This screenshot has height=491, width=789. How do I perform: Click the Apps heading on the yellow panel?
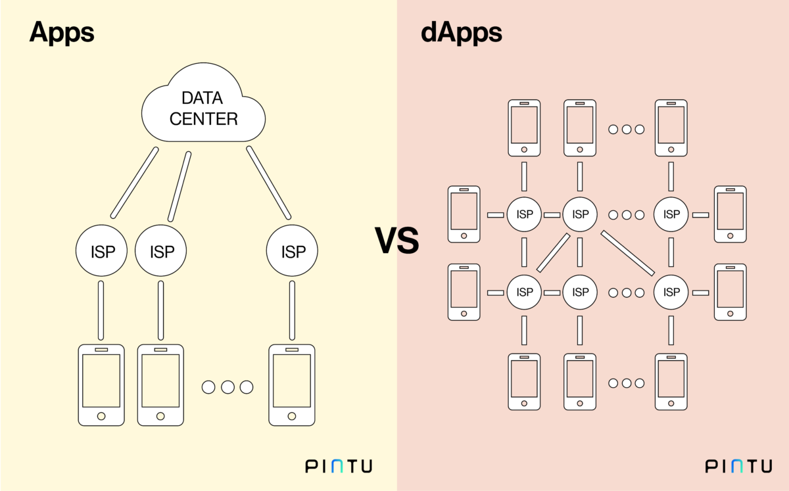62,32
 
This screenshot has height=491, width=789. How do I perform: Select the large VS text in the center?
396,241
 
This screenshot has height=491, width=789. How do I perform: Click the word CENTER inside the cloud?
203,119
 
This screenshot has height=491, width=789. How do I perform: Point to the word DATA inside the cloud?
203,99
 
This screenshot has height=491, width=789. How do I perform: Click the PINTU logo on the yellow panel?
339,466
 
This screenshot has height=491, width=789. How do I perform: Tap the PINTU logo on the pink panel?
739,466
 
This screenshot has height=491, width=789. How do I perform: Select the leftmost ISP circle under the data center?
101,251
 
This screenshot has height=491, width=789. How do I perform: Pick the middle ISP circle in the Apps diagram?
160,251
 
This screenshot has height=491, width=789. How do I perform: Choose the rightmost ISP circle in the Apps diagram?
292,251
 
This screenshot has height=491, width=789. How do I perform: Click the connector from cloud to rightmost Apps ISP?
268,182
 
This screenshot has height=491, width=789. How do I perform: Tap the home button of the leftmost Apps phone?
101,416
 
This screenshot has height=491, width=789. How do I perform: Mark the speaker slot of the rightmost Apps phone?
292,350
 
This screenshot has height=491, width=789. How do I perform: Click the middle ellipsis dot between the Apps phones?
227,387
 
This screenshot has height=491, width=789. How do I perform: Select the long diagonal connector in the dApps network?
627,253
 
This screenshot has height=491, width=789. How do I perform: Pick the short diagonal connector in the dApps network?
554,252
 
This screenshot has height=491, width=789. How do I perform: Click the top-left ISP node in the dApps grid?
524,214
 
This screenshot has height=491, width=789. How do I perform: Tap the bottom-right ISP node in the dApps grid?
671,291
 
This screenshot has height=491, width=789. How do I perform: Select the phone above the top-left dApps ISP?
524,128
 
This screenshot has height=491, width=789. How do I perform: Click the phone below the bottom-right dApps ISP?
671,381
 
